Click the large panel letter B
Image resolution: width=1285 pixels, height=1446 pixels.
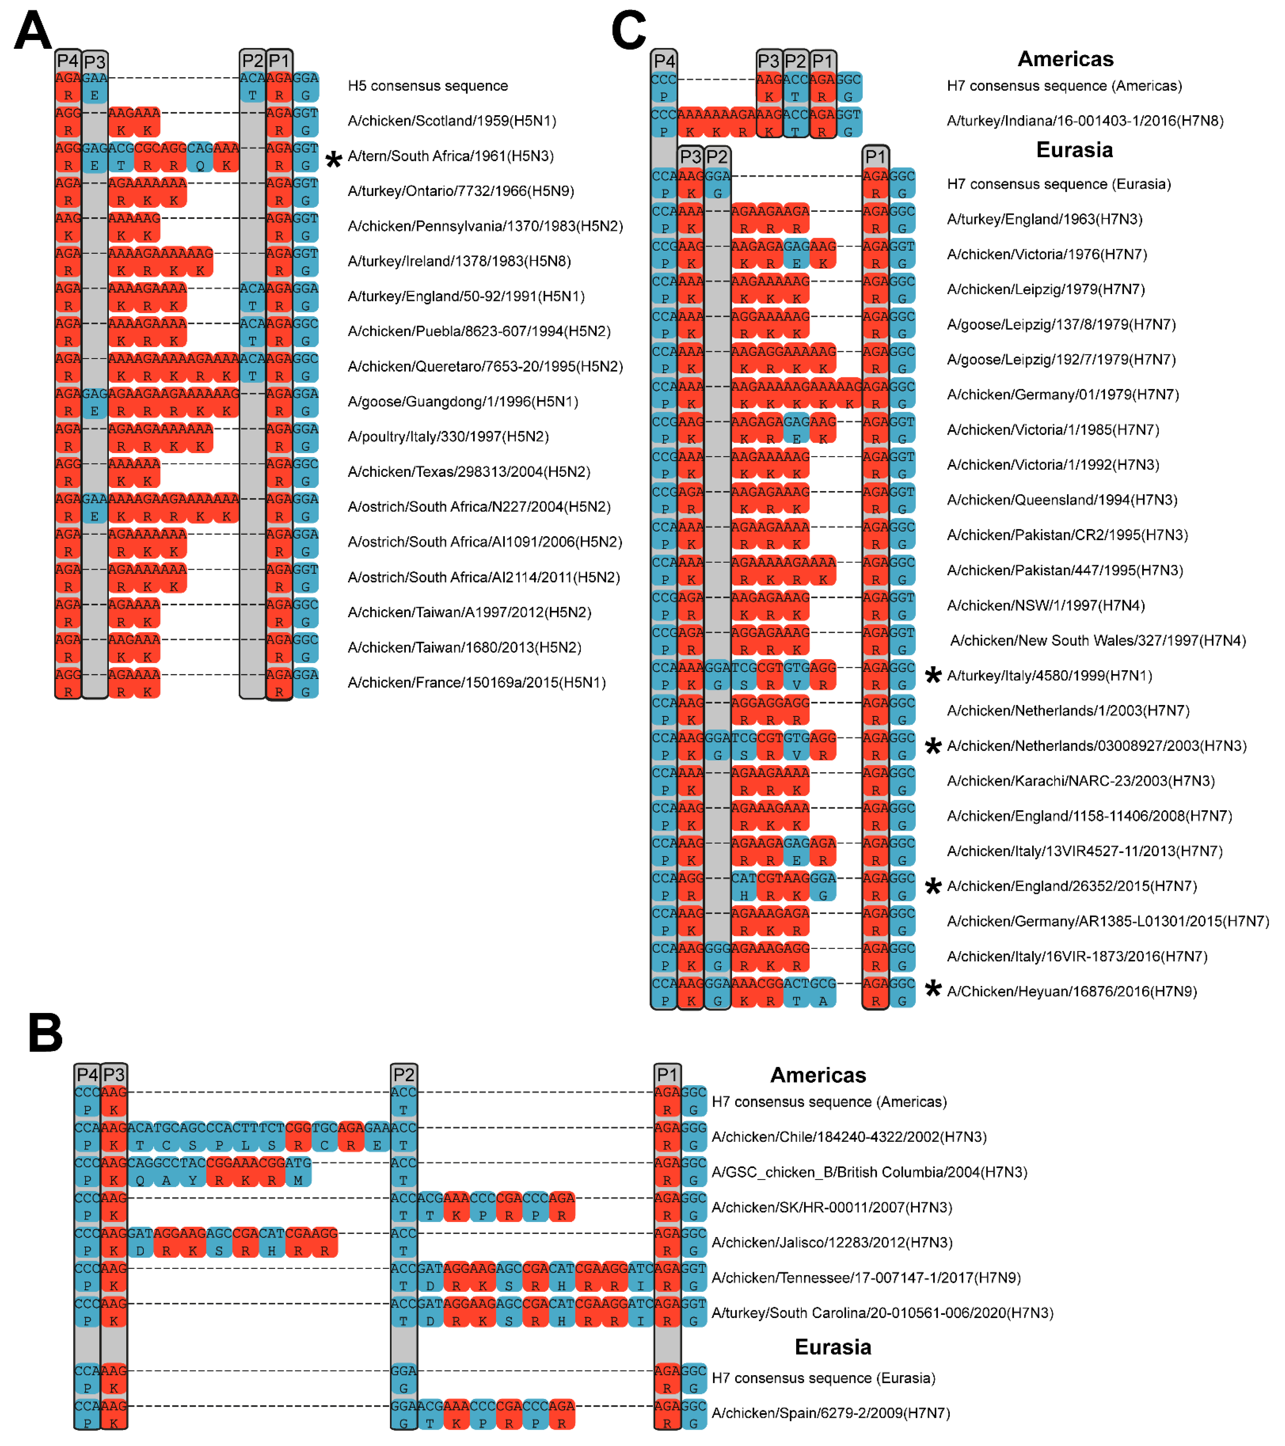(45, 1033)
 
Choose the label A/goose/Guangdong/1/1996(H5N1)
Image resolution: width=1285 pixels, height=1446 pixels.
(463, 402)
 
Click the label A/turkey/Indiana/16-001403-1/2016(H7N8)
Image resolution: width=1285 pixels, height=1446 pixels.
(1085, 121)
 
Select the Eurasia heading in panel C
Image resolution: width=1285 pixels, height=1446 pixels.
(1074, 150)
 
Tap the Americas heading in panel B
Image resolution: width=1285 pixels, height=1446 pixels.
(818, 1075)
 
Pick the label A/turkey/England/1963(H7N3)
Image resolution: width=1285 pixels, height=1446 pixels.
(1044, 219)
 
